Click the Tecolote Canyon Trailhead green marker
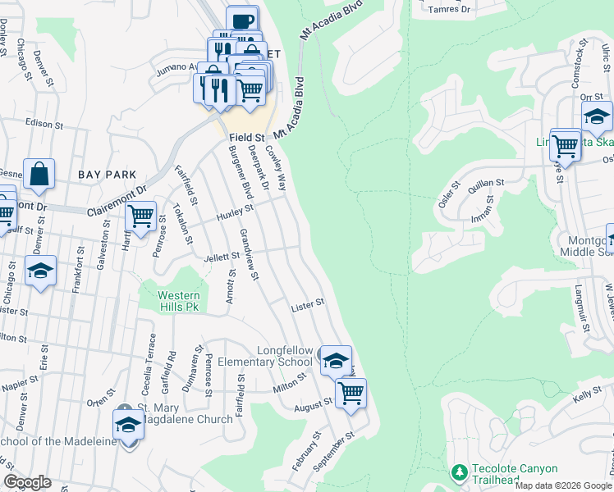459,472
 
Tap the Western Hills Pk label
179,300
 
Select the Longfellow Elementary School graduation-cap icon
335,360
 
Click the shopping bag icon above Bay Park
39,174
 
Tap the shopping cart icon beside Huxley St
140,216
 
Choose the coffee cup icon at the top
242,20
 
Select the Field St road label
247,137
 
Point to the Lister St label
308,305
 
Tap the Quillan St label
485,194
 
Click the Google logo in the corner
27,482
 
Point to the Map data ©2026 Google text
562,485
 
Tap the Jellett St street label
220,257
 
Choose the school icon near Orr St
597,116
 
